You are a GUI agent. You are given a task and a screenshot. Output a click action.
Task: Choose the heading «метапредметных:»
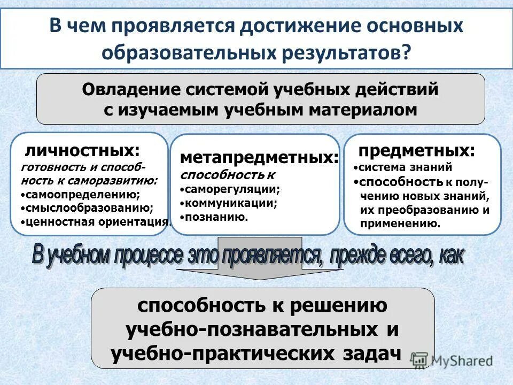[x=260, y=158]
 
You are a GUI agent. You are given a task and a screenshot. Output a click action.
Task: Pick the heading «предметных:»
[x=416, y=150]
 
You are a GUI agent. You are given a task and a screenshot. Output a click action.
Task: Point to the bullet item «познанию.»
[x=216, y=217]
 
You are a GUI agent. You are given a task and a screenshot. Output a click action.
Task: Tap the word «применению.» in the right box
[x=401, y=224]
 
